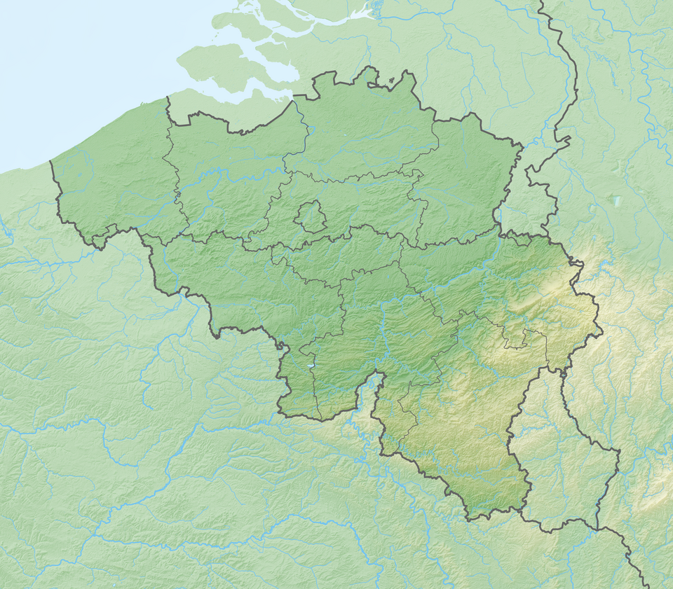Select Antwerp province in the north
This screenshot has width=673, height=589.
pyautogui.click(x=365, y=133)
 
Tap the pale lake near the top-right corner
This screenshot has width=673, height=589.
pyautogui.click(x=616, y=201)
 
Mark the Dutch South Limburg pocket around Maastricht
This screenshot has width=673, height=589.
pyautogui.click(x=519, y=210)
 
